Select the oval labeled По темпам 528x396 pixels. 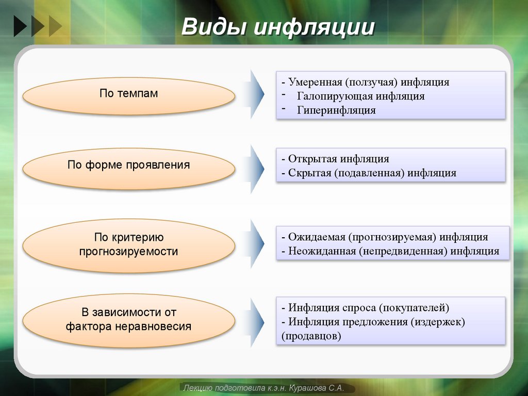pyautogui.click(x=129, y=94)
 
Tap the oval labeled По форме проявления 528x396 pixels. pyautogui.click(x=129, y=165)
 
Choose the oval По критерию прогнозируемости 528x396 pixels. pyautogui.click(x=129, y=244)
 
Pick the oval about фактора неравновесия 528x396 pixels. pyautogui.click(x=129, y=319)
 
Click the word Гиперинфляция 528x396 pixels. pyautogui.click(x=336, y=110)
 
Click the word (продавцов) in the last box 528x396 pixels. pyautogui.click(x=311, y=336)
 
